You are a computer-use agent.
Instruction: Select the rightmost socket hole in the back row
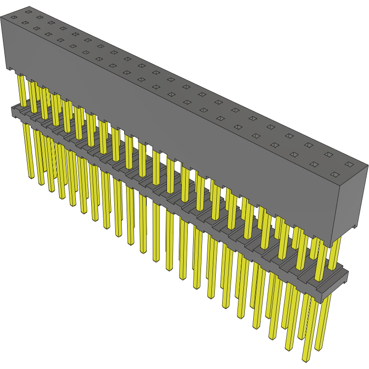[x=349, y=164]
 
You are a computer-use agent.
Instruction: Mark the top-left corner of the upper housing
[x=2, y=18]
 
